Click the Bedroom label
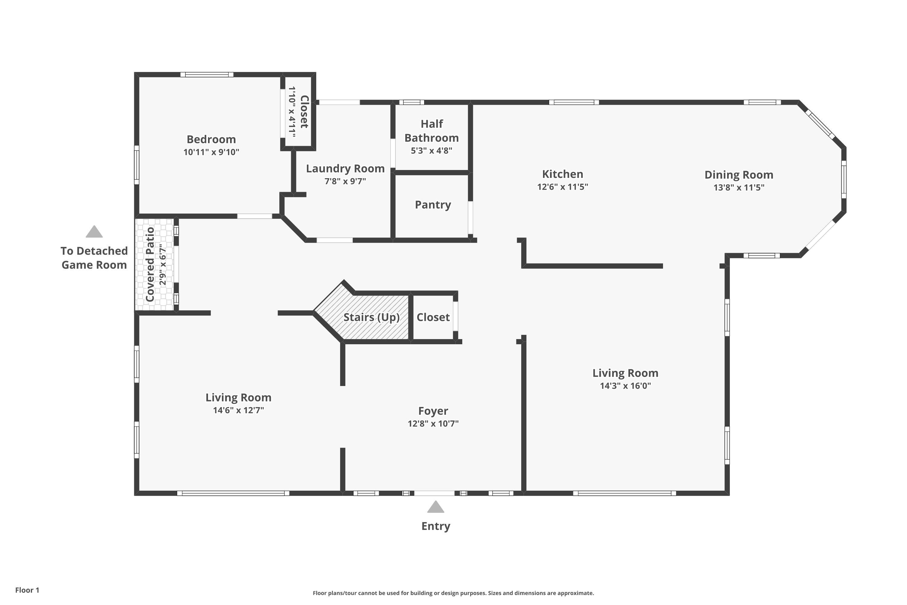coord(211,139)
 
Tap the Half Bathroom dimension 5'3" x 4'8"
coord(431,150)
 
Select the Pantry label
coord(433,205)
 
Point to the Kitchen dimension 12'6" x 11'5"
coord(563,187)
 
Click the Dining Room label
coord(739,175)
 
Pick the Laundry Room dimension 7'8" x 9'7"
coord(345,181)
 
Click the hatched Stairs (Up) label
coord(371,317)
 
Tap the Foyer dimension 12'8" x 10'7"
coord(433,423)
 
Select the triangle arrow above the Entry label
coord(436,507)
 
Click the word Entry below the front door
coord(436,526)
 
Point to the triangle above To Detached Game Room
coord(94,232)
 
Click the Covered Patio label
coord(150,264)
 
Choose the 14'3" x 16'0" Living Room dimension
coord(626,385)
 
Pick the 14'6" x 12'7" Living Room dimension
coord(238,410)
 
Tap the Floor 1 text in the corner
coord(28,590)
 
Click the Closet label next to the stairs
coord(433,317)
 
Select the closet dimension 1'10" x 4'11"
coord(292,112)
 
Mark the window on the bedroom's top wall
coord(207,74)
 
